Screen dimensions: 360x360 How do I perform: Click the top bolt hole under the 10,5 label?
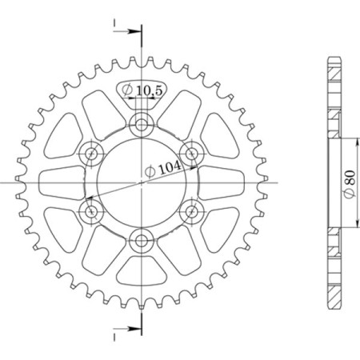tap(142, 124)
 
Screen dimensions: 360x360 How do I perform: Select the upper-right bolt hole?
tap(192, 152)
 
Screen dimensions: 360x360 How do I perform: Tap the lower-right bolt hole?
tap(192, 211)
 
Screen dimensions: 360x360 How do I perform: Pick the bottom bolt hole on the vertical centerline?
tap(142, 239)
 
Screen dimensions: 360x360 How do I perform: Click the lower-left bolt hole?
tap(92, 211)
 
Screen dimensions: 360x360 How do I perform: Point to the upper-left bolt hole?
tap(92, 152)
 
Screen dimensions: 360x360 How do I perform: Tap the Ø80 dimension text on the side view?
tap(349, 182)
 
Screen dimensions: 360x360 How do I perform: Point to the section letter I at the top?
tap(115, 22)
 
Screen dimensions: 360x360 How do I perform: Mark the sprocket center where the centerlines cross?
tap(142, 182)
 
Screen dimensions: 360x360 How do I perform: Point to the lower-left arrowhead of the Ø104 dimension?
tap(89, 197)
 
